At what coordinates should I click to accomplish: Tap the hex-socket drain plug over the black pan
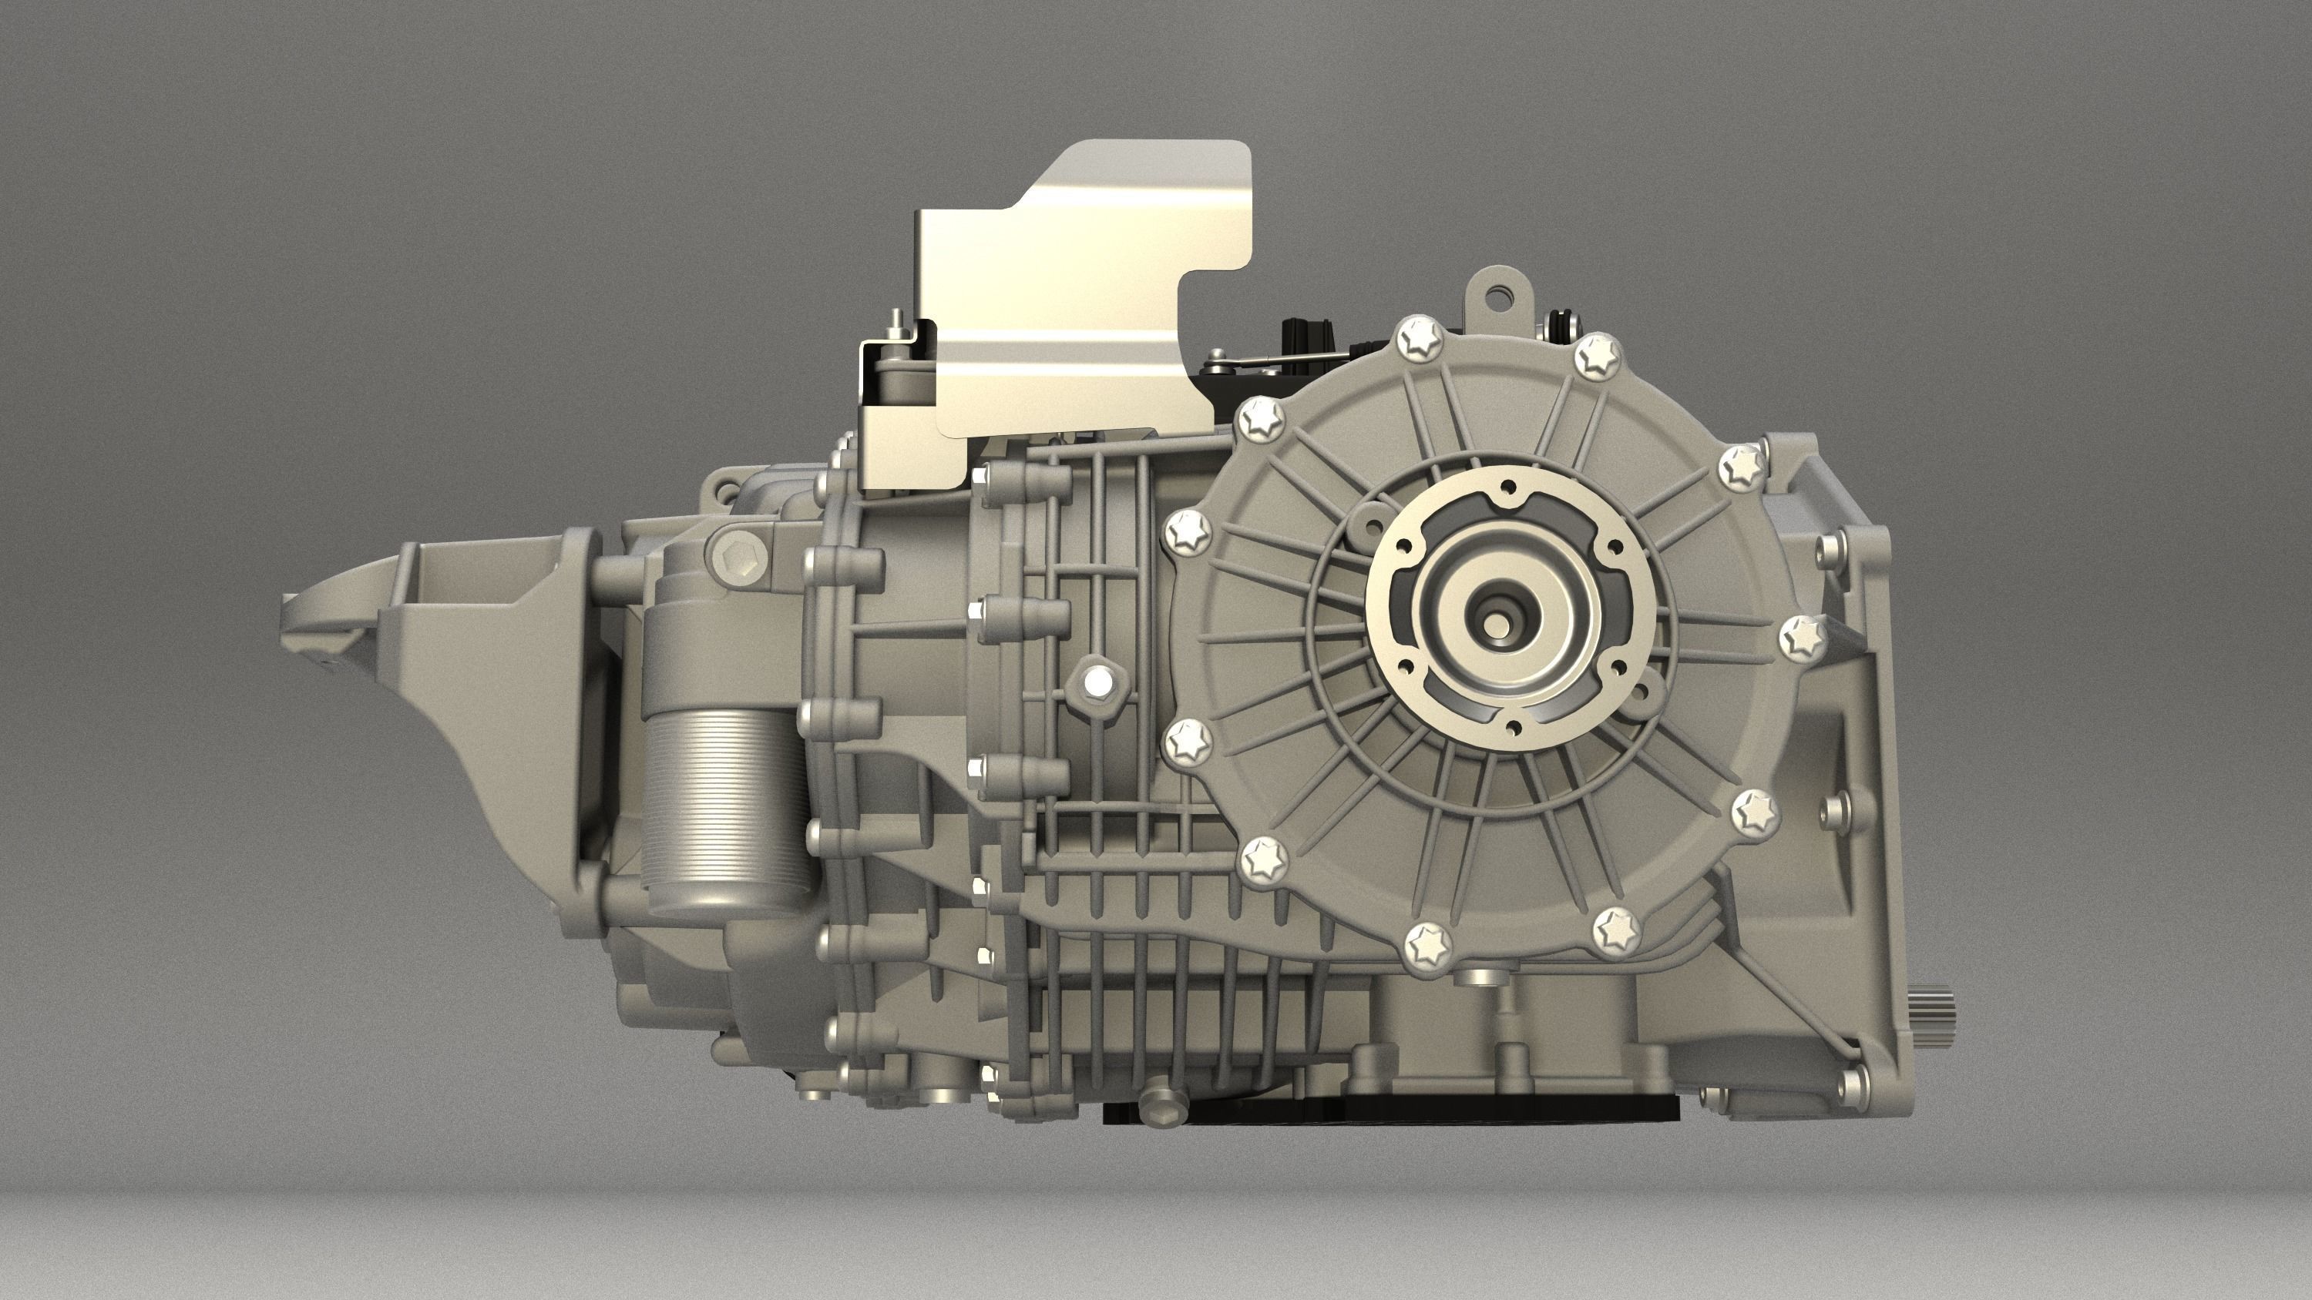[1158, 1110]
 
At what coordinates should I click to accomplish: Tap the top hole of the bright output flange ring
[1509, 488]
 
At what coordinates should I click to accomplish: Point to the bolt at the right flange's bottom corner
[1852, 1083]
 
